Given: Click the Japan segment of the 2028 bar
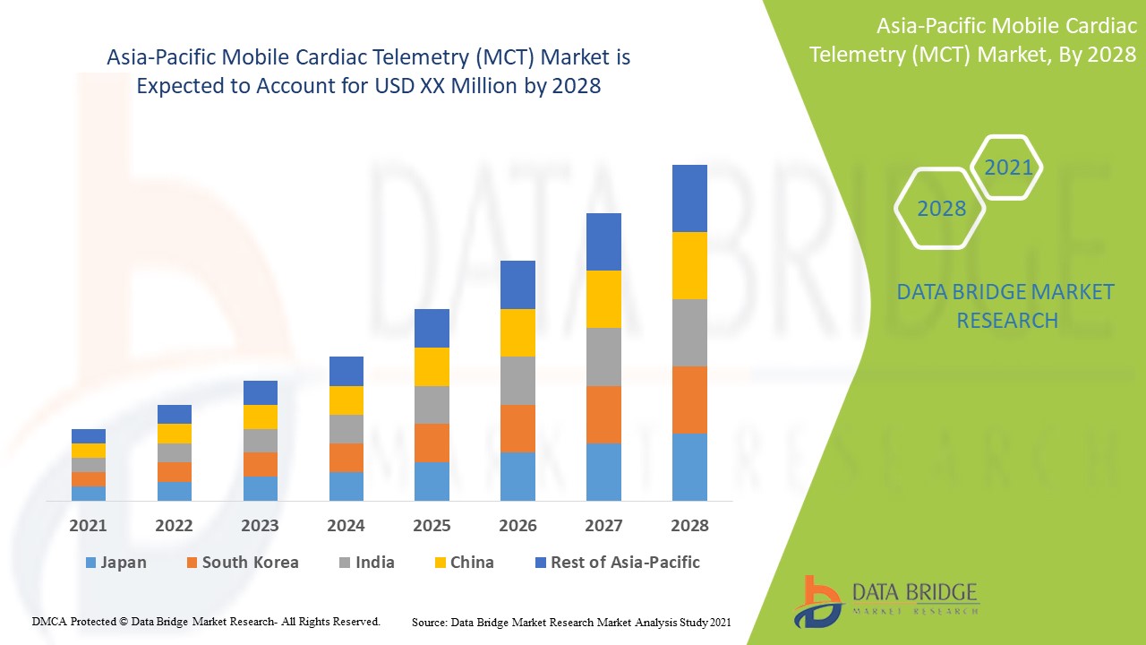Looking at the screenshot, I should [689, 467].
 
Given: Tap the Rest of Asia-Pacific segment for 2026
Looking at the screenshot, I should [517, 285].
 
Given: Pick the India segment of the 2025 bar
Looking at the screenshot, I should [432, 405].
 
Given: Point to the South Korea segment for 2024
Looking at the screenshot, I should [346, 458].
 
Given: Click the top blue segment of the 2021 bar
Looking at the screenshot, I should [89, 436].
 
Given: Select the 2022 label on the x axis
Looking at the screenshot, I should [174, 526].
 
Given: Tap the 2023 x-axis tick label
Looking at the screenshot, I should [260, 526].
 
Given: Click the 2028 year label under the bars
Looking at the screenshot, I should [689, 526].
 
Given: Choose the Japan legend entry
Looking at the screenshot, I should [115, 563].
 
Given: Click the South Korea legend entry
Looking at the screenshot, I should [242, 563].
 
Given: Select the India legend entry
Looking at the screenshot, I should [366, 563].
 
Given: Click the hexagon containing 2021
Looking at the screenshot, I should [1008, 168].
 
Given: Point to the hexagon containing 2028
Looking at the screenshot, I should [941, 209].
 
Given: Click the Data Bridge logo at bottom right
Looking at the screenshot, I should [885, 600].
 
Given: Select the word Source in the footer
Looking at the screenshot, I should [429, 622].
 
